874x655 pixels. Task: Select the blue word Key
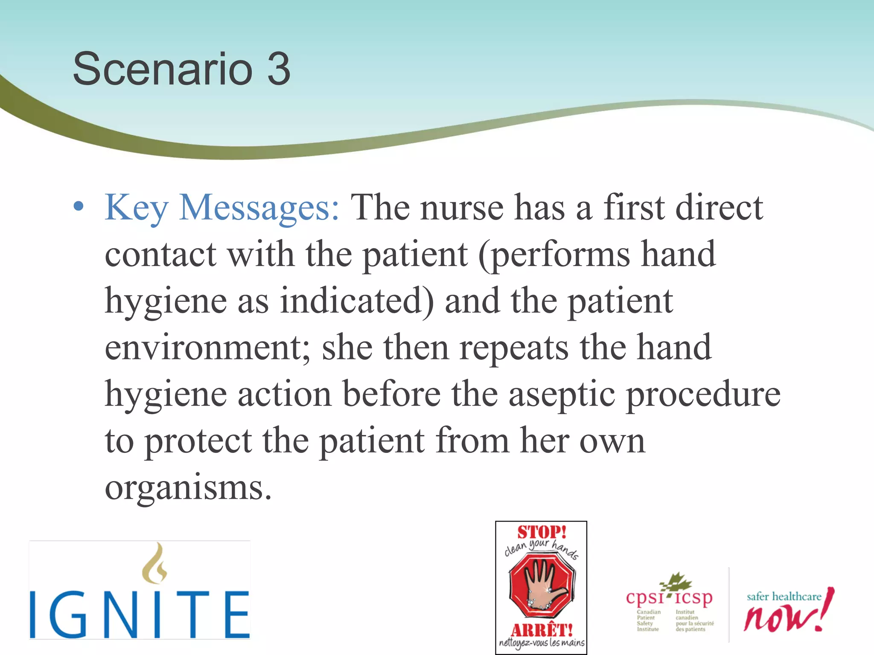click(x=137, y=208)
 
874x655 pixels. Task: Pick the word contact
click(x=160, y=255)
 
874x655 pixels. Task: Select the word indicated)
click(x=357, y=301)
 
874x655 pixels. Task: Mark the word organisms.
click(x=188, y=488)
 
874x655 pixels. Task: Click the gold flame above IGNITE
click(x=154, y=563)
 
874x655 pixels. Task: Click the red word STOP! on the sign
click(x=542, y=532)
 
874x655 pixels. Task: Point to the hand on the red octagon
click(x=541, y=585)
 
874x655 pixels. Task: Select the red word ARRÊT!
click(x=542, y=629)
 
